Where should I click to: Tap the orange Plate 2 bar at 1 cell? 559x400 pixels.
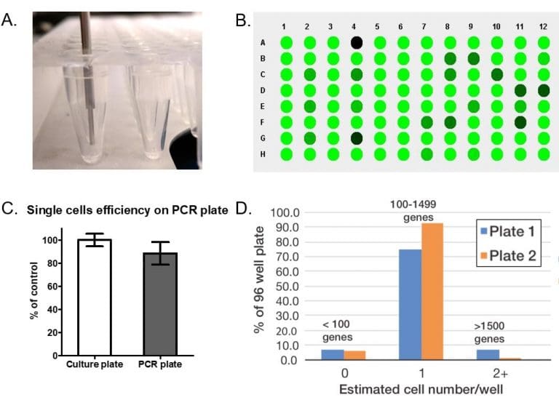pyautogui.click(x=432, y=291)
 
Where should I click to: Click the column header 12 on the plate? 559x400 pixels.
pyautogui.click(x=543, y=27)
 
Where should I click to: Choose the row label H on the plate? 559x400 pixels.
pyautogui.click(x=263, y=154)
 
